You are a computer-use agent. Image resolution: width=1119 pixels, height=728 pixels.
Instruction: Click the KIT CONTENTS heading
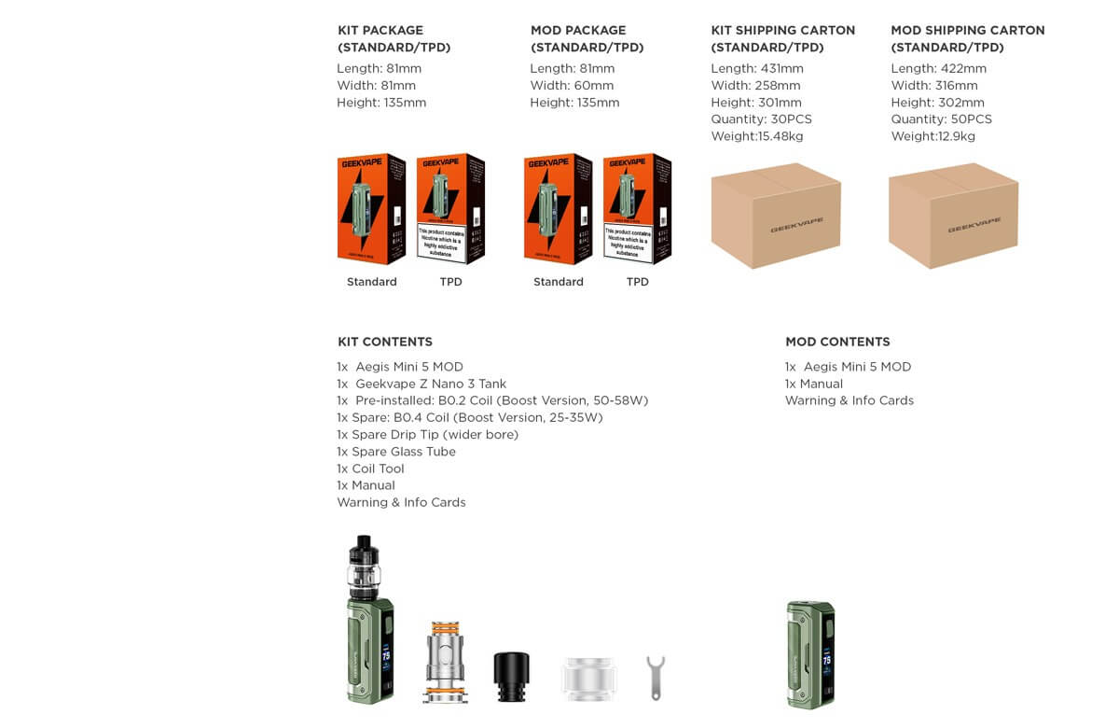click(384, 342)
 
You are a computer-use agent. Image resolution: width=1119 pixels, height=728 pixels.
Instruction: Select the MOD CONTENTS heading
click(837, 342)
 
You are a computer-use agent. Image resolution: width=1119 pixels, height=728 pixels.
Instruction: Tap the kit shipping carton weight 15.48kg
click(756, 136)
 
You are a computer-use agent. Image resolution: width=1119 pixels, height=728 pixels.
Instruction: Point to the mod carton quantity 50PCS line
click(941, 119)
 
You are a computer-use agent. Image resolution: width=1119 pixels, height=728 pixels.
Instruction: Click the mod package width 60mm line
click(572, 86)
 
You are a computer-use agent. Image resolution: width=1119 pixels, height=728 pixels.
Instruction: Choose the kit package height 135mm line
click(381, 103)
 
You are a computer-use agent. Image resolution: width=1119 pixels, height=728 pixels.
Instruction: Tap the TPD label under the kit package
click(450, 282)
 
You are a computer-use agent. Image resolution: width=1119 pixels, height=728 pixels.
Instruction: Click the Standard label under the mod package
click(558, 282)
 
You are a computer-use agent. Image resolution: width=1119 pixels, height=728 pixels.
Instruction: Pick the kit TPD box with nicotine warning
click(450, 209)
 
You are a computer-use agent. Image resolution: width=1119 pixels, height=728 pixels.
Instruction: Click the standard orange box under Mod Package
click(558, 209)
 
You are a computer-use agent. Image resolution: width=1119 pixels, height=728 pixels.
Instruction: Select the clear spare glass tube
click(589, 679)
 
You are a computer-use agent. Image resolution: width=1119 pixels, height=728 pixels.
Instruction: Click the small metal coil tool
click(656, 677)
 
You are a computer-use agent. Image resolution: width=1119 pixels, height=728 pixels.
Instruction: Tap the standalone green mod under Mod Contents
click(809, 654)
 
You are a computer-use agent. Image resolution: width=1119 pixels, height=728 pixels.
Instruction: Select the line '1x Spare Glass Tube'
click(396, 452)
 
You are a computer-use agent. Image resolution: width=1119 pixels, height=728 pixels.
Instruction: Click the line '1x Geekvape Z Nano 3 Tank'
click(421, 384)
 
